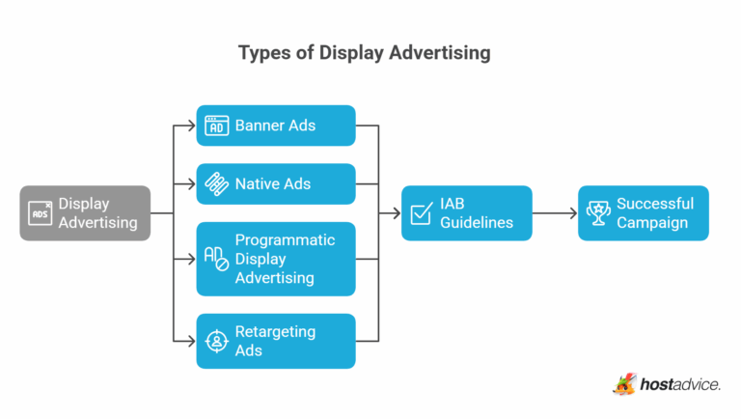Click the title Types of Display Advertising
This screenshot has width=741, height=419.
[364, 53]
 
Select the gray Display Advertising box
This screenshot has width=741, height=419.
[86, 213]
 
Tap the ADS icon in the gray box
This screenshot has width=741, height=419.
[41, 213]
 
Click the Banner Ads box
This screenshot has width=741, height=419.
[276, 126]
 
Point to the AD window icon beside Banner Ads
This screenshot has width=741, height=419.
[217, 126]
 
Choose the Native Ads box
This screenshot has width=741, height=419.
[276, 183]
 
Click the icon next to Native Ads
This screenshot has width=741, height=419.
[217, 183]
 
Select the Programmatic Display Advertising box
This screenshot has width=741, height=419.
[276, 259]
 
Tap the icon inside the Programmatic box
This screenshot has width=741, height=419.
[217, 259]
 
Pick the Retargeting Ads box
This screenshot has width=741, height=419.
[276, 341]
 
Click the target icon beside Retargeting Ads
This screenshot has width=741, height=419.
[217, 341]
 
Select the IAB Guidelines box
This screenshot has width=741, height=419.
[467, 213]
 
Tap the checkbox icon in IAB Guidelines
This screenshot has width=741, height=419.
[422, 213]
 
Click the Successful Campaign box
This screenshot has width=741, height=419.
[643, 213]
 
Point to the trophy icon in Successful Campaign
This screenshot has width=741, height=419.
[598, 213]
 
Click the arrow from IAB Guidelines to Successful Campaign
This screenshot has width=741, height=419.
[554, 213]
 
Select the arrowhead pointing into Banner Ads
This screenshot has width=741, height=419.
[191, 126]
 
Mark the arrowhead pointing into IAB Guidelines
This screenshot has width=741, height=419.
[397, 213]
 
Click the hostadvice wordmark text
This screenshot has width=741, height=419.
[680, 385]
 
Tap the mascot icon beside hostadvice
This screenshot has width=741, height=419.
[625, 384]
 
